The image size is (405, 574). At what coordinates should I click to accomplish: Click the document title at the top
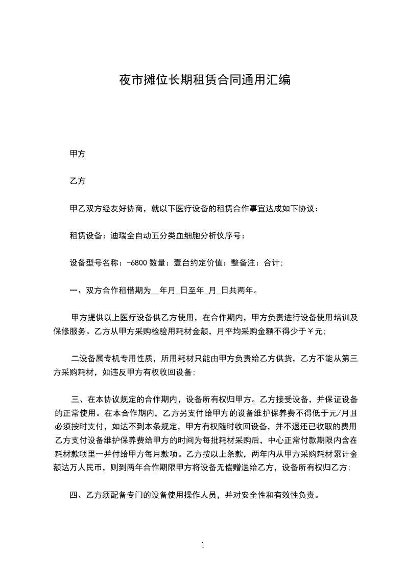coord(205,80)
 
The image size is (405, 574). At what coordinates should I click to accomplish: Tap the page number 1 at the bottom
coord(203,544)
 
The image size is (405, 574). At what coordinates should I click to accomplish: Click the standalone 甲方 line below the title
coord(77,153)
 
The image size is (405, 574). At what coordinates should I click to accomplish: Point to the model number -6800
coord(137,263)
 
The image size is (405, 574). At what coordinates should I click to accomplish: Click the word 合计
coord(271,263)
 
